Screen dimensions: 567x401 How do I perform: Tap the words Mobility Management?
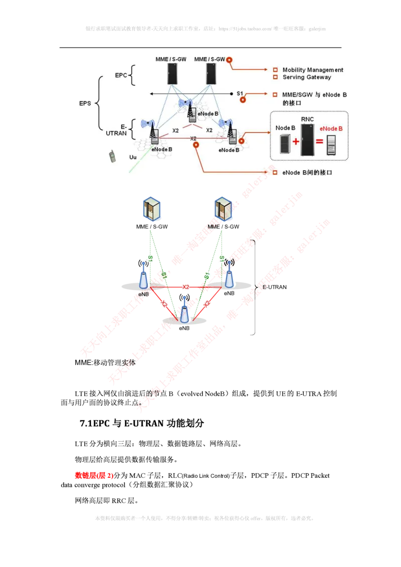coord(313,70)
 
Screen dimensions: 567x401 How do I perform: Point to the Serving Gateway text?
coord(307,77)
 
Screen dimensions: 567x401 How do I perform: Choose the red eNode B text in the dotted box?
coord(331,129)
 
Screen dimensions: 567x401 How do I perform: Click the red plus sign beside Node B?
coord(296,142)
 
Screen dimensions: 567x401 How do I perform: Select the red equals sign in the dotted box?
coord(319,142)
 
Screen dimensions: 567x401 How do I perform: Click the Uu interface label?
coord(133,157)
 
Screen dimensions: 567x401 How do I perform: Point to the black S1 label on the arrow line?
coord(240,93)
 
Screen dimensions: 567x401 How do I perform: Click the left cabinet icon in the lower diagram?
coord(151,209)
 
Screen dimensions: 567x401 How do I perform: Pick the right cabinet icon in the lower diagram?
coord(221,209)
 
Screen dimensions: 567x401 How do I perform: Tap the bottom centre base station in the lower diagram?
coord(185,311)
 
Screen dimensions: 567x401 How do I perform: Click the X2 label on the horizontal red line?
coord(185,287)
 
